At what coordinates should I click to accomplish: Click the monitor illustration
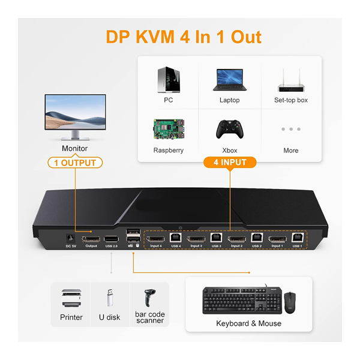coord(75,114)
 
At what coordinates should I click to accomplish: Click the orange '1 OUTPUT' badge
coord(75,163)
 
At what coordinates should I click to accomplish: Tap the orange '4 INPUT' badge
coord(230,162)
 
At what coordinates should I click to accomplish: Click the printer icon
coord(71,298)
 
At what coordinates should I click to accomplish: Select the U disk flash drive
coord(109,298)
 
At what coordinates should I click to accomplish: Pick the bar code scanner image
coord(149,298)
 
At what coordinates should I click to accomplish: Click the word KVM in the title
coord(158,37)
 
